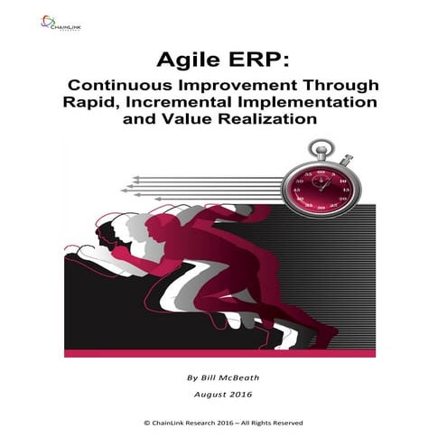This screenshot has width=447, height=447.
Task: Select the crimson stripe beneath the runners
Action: tap(226, 353)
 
